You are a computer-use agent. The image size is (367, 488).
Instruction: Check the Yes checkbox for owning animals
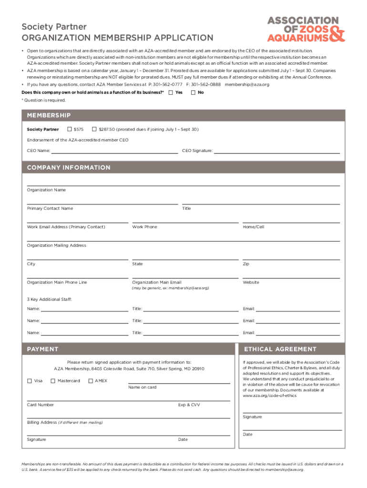171,92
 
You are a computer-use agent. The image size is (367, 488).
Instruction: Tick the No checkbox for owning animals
193,92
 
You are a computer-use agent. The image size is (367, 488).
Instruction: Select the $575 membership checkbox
70,129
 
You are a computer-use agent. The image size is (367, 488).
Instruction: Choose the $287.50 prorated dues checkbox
94,129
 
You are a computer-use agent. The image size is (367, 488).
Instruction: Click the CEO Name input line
114,151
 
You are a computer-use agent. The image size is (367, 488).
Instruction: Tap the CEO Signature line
276,151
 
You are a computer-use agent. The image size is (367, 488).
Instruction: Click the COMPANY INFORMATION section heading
69,168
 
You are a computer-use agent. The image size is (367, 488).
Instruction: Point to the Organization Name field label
46,190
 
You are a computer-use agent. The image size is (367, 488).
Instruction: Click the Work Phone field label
144,227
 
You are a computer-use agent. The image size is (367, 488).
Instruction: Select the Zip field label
246,264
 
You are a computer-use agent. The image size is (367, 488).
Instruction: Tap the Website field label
251,283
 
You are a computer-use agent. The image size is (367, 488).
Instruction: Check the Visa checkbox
30,381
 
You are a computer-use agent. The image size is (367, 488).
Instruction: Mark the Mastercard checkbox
53,381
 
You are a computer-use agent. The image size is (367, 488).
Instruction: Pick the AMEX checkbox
91,381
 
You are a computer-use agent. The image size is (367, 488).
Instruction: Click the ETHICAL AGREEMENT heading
280,349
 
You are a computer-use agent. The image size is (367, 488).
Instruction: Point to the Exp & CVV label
189,405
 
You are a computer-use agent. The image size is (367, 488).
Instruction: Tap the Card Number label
41,405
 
